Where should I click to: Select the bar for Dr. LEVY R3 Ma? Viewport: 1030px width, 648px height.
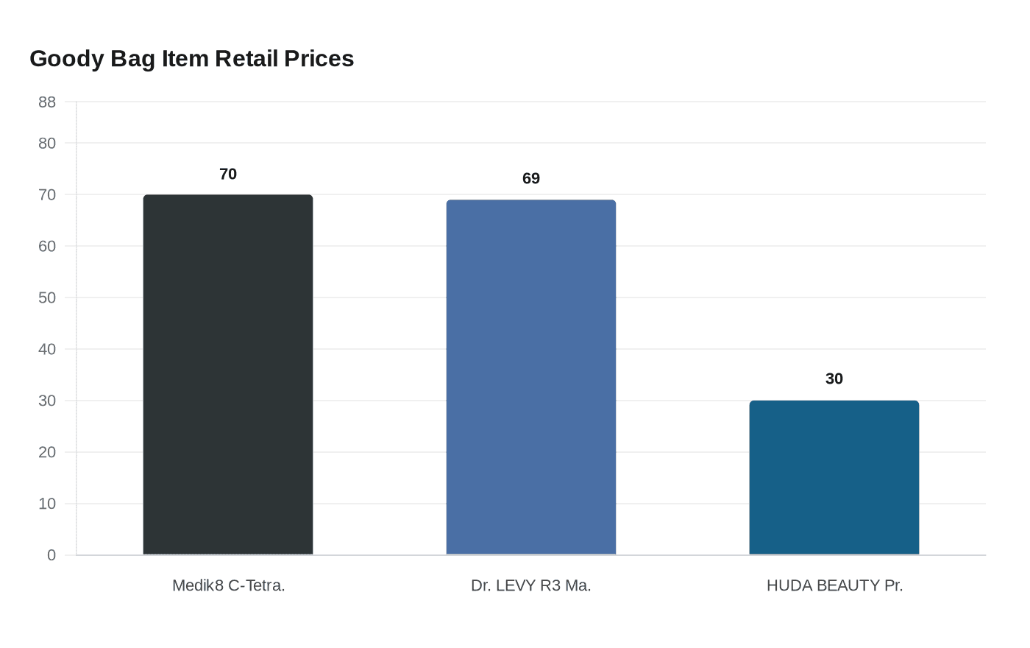(531, 377)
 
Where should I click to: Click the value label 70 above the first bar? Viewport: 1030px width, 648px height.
(228, 174)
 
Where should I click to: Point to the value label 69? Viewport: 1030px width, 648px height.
(531, 178)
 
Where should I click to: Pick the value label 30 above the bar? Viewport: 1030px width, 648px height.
(834, 378)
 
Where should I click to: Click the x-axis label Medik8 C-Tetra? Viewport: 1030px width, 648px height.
(228, 585)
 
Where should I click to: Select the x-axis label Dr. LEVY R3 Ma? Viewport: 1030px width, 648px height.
(531, 585)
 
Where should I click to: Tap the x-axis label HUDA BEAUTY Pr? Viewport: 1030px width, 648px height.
(834, 585)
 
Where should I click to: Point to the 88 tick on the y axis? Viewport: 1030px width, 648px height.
(47, 102)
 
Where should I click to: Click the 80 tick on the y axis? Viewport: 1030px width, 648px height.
(47, 143)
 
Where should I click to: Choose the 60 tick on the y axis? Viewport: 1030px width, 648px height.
(47, 246)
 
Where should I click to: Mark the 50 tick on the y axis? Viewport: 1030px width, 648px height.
(47, 297)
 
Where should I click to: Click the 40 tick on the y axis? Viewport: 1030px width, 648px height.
(47, 349)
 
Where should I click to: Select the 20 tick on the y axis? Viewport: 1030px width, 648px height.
(47, 452)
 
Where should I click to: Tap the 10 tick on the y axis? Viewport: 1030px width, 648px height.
(47, 504)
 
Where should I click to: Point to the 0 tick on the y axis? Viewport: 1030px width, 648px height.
(51, 555)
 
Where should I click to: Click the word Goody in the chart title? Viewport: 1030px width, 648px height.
(67, 59)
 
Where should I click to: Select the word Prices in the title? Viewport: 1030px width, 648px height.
(319, 59)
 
